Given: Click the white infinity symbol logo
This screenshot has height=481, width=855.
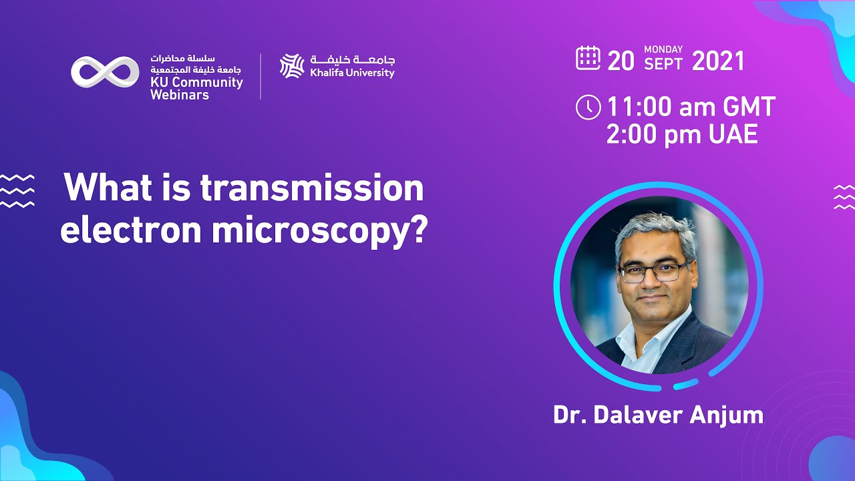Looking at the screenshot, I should coord(105,72).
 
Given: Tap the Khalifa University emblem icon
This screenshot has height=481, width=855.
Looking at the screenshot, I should coord(292,66).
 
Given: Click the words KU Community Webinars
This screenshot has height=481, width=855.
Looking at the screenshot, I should coord(196,89).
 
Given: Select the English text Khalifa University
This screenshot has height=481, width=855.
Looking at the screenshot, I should coord(352,73).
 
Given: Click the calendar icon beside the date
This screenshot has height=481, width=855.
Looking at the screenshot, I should coord(588,58).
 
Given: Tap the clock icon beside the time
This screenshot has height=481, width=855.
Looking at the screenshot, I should coord(588,108).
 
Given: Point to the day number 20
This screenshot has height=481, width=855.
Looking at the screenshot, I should coord(621,61).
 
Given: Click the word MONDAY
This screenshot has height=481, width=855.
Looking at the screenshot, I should coord(663,49).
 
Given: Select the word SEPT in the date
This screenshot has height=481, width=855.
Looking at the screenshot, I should coord(663,65).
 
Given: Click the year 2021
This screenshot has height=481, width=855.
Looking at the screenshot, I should coord(718,61).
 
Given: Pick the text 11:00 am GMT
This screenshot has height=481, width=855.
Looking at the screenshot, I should coord(690,108).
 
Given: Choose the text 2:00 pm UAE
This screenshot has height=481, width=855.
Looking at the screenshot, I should coord(681,136).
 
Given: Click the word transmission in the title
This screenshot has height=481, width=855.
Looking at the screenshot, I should coord(312,188).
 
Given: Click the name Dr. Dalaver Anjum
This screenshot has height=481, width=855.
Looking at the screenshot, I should coord(658,415).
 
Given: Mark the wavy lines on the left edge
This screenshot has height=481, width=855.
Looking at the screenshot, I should coord(17,190).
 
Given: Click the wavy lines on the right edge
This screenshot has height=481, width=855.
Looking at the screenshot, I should coord(844,197).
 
